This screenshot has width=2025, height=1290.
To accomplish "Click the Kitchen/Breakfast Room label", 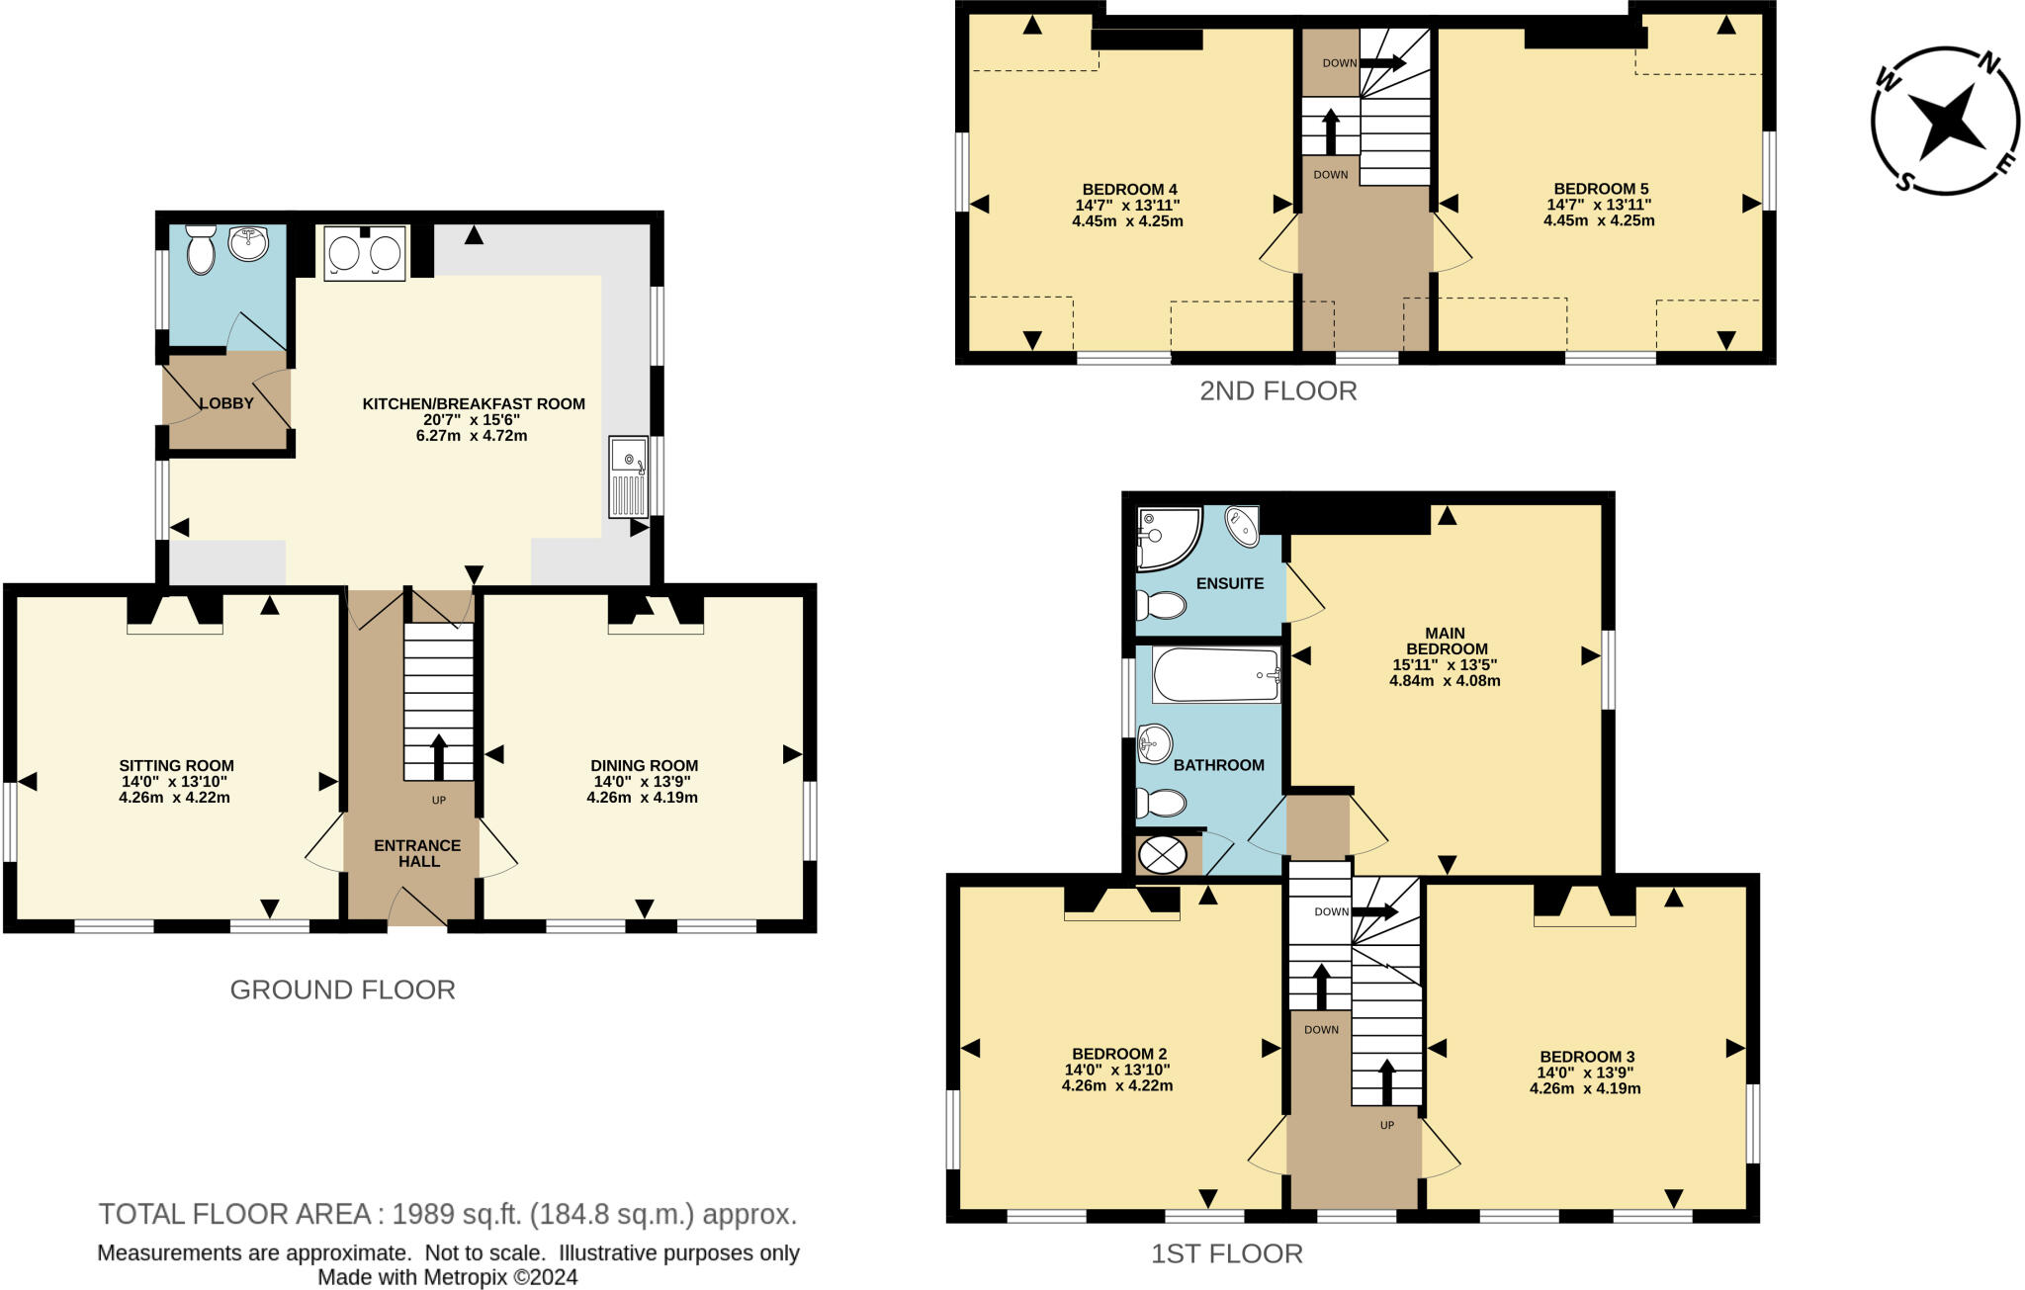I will (x=474, y=403).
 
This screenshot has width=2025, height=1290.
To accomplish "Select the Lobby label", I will (x=227, y=403).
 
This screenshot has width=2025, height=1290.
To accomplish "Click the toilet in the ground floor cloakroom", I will (x=201, y=249).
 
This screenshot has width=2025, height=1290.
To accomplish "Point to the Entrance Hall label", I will (x=417, y=853).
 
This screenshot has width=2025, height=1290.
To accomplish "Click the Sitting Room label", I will (x=176, y=765).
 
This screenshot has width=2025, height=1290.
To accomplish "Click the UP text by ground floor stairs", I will (x=439, y=800).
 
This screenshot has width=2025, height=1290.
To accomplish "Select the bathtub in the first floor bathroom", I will (x=1216, y=674).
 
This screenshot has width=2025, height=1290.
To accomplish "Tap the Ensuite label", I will (x=1229, y=583).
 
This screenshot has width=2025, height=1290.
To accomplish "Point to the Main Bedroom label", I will (x=1446, y=641).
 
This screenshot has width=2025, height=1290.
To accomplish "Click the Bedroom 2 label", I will (x=1119, y=1054).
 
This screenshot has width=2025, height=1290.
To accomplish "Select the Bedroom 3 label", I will (x=1587, y=1057).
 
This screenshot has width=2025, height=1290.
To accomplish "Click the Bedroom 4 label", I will (x=1129, y=189).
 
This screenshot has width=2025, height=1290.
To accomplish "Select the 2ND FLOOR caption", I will (x=1277, y=390).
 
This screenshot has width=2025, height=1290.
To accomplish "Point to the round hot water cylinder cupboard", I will (x=1162, y=855).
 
